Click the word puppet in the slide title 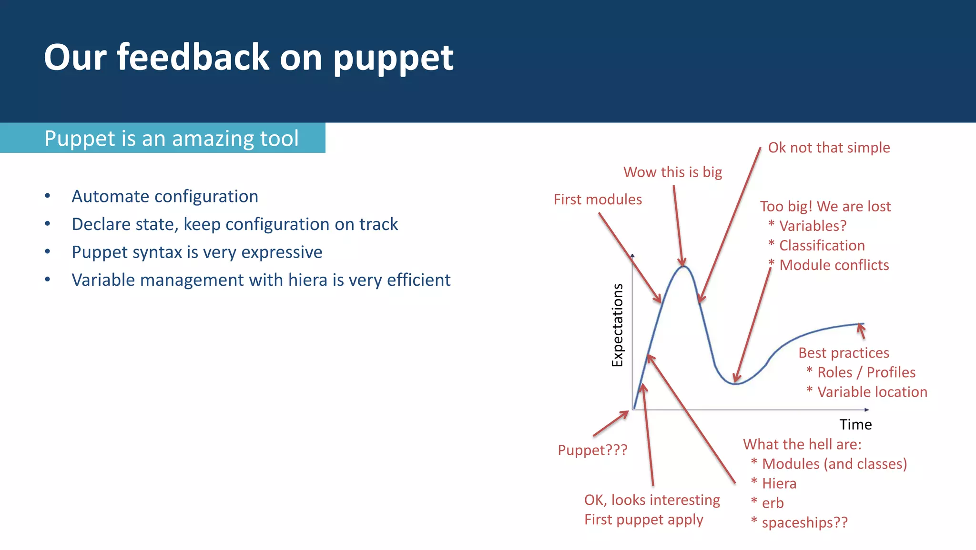(393, 58)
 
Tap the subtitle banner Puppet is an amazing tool (171, 139)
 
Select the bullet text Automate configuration (165, 196)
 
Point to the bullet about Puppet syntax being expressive (197, 252)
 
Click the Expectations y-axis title (618, 325)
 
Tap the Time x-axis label (855, 424)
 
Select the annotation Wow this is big (672, 172)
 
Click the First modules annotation (598, 200)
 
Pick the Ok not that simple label (829, 148)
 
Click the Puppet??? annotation (592, 450)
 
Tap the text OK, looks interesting (652, 500)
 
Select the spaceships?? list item (804, 522)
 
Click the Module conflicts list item (834, 265)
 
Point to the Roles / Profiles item (866, 372)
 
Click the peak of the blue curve (683, 267)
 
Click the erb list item (773, 503)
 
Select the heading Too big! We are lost (825, 207)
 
